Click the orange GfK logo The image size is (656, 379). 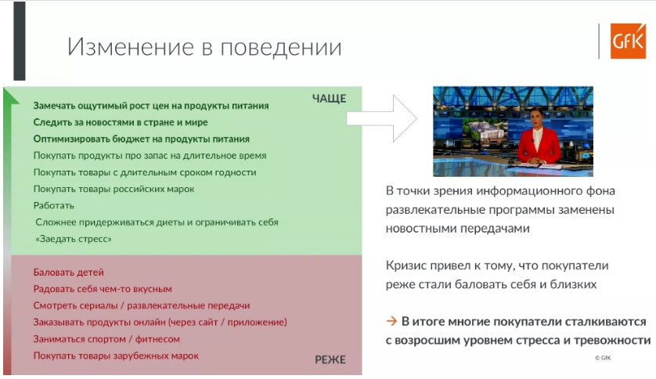point(628,41)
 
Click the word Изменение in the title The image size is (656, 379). point(131,46)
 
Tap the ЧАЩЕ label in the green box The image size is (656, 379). point(330,99)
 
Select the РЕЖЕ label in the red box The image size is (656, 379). point(330,359)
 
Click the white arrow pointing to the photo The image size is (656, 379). point(381,118)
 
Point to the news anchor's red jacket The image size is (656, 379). point(538,146)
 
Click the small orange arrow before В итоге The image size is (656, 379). point(391,321)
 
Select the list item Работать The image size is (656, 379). point(53,206)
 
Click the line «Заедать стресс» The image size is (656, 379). point(74,239)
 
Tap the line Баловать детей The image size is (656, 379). point(69,273)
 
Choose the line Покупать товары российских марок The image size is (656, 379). point(114,189)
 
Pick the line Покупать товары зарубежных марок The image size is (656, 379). point(116,356)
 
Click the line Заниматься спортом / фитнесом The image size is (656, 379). point(106,339)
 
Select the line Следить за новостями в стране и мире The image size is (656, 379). point(121,123)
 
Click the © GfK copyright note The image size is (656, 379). point(603,358)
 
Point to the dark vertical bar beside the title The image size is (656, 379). point(20,41)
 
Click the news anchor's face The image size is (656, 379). point(537,119)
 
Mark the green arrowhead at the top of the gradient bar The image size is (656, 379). point(10,96)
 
